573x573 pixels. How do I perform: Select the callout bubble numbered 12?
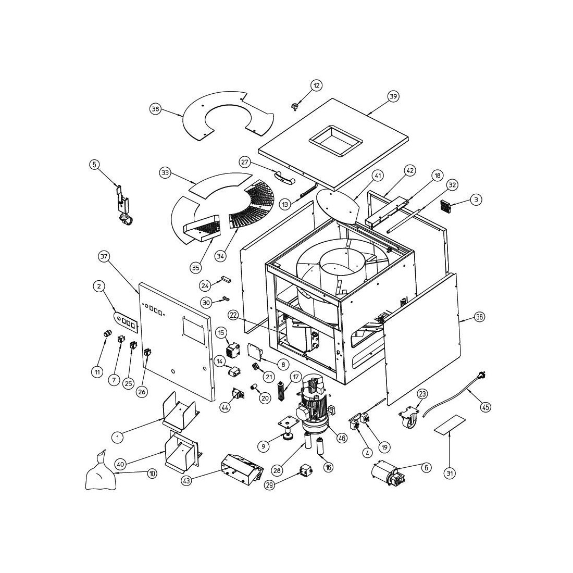click(x=317, y=85)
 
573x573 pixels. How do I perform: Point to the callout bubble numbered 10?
click(x=152, y=474)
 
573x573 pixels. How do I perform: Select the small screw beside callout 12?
click(x=295, y=106)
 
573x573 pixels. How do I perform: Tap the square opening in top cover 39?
click(x=335, y=141)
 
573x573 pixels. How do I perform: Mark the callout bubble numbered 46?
click(x=342, y=438)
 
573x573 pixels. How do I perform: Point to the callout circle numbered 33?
click(x=165, y=172)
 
